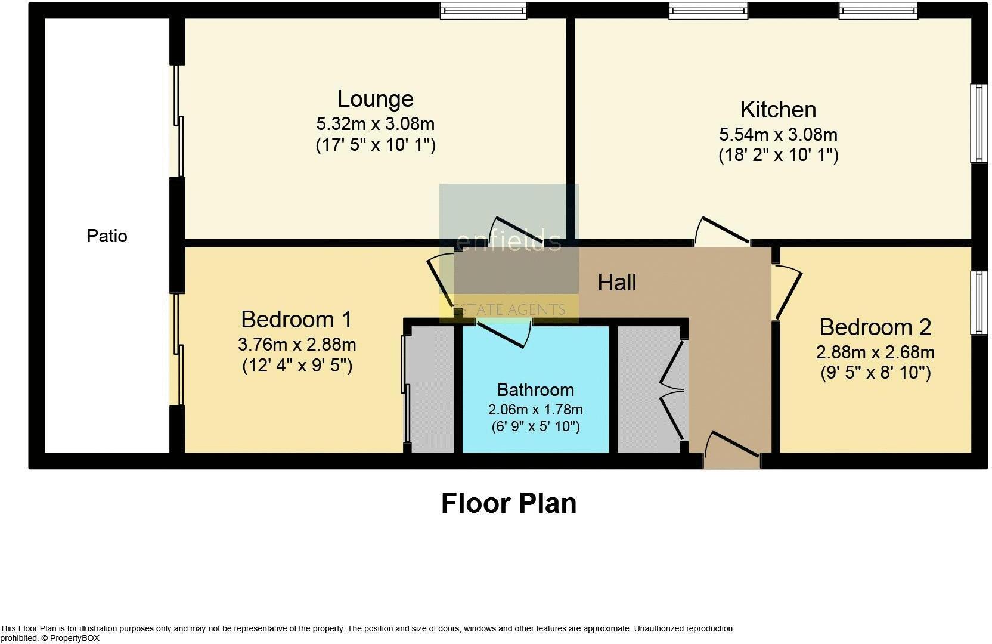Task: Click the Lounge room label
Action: click(x=375, y=99)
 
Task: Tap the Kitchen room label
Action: click(x=778, y=110)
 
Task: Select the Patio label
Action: click(x=107, y=236)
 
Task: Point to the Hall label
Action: click(x=617, y=283)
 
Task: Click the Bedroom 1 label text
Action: click(x=296, y=320)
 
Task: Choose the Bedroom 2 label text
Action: click(x=875, y=327)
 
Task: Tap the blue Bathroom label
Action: click(x=535, y=390)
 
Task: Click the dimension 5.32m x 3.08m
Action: click(x=375, y=124)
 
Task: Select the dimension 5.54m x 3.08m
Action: click(x=778, y=135)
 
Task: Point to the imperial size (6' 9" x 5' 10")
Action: click(x=535, y=427)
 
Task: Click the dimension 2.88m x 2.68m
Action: click(x=875, y=352)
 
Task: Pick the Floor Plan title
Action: click(x=509, y=503)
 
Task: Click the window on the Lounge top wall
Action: click(x=483, y=11)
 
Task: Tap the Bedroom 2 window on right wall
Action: click(x=978, y=302)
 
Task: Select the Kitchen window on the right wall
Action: click(x=978, y=123)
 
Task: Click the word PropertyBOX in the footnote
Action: click(x=75, y=638)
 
